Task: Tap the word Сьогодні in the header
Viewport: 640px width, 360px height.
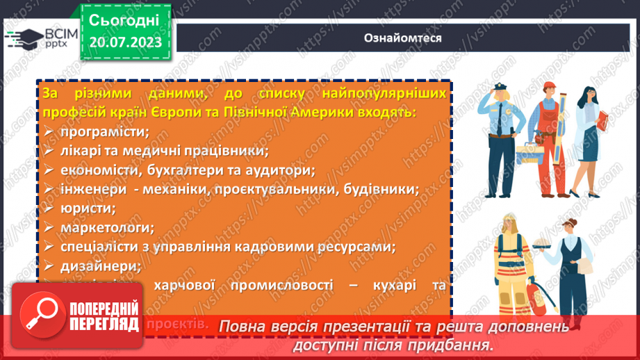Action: [124, 19]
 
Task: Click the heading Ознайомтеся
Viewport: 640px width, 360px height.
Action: [402, 38]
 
